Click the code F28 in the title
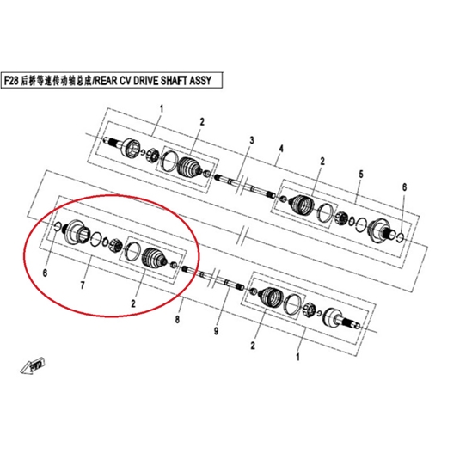11,81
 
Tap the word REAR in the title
106,81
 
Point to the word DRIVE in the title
146,81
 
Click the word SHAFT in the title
174,81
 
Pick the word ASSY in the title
200,81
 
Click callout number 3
252,140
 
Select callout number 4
281,149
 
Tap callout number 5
361,174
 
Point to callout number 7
83,285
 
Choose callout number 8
177,319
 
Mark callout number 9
216,331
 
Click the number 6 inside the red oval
45,273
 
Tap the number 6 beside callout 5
404,187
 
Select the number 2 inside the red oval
133,303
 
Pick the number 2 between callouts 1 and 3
202,122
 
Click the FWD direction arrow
33,365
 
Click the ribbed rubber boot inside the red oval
154,258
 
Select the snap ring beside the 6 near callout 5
401,237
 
